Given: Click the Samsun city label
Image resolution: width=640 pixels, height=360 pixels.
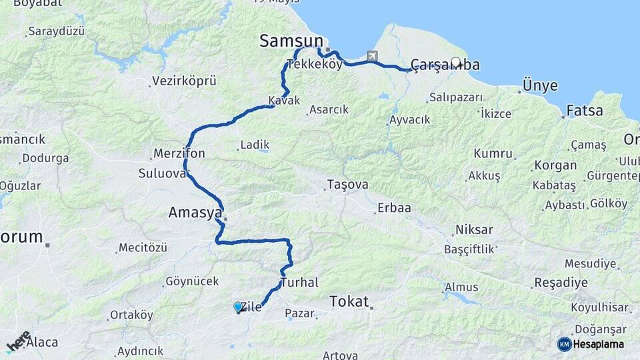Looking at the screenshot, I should point(291,41).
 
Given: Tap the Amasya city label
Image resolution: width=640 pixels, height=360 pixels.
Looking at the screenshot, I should point(195,213).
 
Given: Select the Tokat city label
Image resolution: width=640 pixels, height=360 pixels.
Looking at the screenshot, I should point(349,302).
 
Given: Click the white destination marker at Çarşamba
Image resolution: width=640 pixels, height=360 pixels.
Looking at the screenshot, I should point(456,62).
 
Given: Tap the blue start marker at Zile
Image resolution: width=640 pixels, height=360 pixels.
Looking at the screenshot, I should point(238,307).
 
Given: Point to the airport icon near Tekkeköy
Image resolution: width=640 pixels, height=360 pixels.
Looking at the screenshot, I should point(371,57).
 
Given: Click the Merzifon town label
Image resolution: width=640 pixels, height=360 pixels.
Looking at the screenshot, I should point(179,153).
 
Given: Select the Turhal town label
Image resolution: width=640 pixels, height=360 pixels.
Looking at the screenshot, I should point(299,283).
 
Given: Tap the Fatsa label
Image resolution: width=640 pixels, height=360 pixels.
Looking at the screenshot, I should point(584,111).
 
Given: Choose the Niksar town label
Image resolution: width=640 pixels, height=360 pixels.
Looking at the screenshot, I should point(474,230).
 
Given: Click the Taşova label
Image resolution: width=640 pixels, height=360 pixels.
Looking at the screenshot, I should point(347,184).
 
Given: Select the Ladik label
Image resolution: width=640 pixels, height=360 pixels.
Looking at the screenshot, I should point(254,144).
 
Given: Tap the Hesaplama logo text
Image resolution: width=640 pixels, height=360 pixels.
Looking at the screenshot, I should point(598,344).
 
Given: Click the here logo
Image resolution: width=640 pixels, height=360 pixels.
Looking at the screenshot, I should point(19,341).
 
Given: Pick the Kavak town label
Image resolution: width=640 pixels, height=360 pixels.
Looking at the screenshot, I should point(284,101).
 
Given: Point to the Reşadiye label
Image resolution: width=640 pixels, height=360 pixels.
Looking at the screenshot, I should point(561,283).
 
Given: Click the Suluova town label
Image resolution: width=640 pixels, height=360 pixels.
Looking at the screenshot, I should point(161,173).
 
